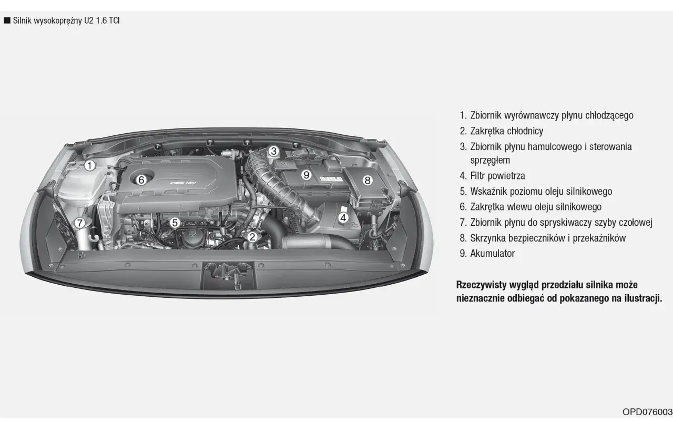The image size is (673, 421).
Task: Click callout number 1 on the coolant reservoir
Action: point(89,165)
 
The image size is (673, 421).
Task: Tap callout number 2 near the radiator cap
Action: point(252,237)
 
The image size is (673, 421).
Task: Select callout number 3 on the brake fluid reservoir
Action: point(273,151)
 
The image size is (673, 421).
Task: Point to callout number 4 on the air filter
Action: point(343,217)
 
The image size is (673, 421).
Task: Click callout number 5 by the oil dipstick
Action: point(175,223)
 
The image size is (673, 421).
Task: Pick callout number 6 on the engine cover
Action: point(141,180)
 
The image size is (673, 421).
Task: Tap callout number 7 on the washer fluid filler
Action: point(79,223)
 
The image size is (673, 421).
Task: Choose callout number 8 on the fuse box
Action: point(367,180)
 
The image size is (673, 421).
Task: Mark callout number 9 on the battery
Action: point(306,175)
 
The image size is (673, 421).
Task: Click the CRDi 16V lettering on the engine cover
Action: point(183,183)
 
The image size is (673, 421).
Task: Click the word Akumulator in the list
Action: point(493,254)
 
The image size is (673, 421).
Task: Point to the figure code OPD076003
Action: point(647,412)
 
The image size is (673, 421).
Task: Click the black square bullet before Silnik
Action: point(7,21)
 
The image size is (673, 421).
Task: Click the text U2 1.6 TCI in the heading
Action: point(102,21)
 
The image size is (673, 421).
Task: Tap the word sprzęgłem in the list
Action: point(490,161)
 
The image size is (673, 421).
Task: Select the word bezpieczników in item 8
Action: point(531,238)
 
